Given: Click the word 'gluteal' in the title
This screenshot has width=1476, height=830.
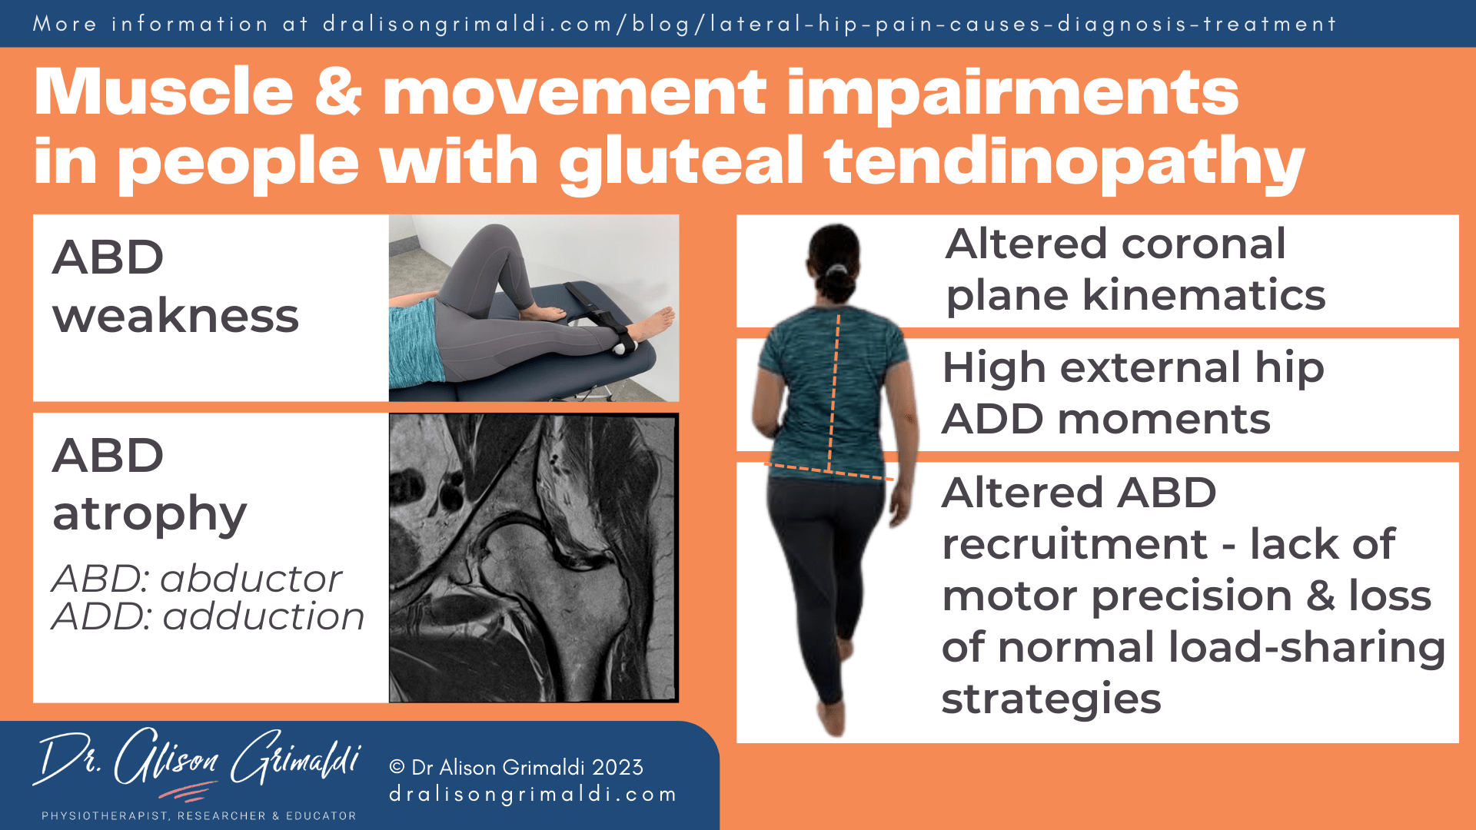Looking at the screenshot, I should [x=680, y=161].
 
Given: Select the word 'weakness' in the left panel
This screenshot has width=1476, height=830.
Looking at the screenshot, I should [x=175, y=316].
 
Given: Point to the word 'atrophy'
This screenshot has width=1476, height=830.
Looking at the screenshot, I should [x=149, y=514].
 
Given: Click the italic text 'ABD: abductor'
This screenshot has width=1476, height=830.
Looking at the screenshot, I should [x=197, y=579].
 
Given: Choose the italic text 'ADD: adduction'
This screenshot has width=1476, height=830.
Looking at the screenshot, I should [x=208, y=616].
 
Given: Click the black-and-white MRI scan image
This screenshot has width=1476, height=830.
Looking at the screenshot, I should [x=534, y=558].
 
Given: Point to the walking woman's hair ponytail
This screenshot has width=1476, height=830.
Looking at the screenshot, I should [x=836, y=271].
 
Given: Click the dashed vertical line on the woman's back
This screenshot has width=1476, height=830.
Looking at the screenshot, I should [x=834, y=392].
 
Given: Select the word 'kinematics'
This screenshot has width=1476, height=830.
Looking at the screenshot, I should [x=1204, y=296].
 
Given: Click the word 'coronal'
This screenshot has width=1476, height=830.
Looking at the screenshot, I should [x=1203, y=244].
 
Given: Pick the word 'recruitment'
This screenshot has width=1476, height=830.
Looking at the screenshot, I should [x=1075, y=545].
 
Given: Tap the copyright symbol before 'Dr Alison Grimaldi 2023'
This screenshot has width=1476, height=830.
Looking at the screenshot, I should [x=397, y=767].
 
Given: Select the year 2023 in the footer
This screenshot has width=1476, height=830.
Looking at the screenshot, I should [x=617, y=767].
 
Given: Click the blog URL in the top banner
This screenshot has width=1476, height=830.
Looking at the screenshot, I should [x=829, y=24].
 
